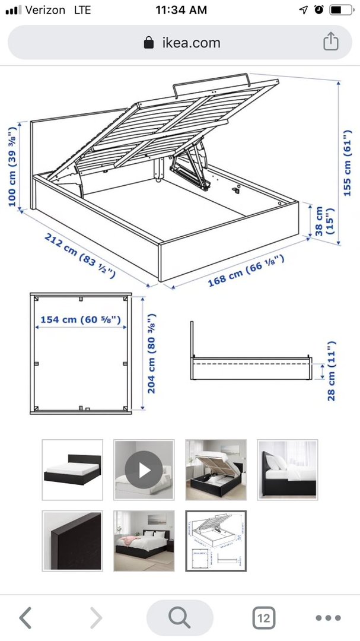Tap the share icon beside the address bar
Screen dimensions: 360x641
coord(331,42)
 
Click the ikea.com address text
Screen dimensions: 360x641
coord(191,43)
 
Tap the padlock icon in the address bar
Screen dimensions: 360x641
coord(149,42)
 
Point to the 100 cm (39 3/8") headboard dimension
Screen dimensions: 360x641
coord(12,166)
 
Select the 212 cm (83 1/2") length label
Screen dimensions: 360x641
coord(79,255)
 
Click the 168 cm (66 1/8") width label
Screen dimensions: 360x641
coord(246,270)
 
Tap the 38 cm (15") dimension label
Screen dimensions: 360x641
coord(324,221)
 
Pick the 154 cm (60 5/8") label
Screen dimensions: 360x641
coord(81,319)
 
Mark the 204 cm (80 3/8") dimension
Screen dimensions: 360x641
coord(152,354)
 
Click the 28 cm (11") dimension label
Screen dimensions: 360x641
coord(331,371)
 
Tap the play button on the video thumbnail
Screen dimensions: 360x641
coord(144,469)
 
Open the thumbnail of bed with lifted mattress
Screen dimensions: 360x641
coord(216,469)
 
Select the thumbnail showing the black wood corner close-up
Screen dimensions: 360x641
coord(72,541)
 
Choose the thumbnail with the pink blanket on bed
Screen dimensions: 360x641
coord(144,541)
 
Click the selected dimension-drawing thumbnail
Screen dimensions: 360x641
coord(216,541)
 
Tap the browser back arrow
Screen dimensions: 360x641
coord(26,617)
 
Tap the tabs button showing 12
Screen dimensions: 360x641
coord(263,618)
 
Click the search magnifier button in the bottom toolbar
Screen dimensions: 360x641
coord(180,618)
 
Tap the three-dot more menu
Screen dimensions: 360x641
coord(328,618)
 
